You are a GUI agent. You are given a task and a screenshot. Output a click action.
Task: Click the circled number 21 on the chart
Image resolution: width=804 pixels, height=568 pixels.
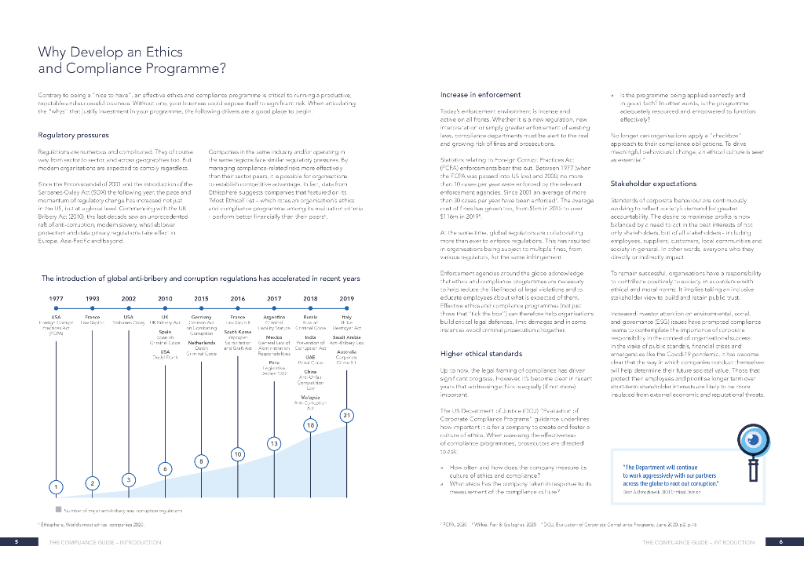pos(346,414)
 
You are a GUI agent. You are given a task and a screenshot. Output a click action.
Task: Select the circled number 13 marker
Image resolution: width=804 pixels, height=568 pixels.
pos(274,444)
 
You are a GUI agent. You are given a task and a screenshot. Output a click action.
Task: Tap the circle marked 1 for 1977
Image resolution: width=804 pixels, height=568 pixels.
pos(56,487)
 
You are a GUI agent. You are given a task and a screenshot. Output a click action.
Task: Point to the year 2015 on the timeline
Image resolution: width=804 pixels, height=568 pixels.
pos(201,299)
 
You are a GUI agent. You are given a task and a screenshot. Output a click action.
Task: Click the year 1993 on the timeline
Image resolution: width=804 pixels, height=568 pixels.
pos(93,299)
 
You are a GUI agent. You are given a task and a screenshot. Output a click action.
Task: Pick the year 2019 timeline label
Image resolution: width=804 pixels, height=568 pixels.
pos(346,299)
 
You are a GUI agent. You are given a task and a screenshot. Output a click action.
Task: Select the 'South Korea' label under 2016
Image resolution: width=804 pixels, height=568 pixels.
pos(237,331)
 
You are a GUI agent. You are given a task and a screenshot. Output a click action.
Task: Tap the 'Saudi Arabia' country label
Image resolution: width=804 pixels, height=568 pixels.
pos(346,337)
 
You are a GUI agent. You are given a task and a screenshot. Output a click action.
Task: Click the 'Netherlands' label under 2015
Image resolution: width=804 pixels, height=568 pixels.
pos(201,343)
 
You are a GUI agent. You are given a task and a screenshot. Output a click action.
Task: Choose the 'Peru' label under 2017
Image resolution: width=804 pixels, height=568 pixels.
pos(274,362)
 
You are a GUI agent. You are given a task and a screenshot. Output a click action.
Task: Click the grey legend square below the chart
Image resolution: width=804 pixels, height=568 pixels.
pos(47,511)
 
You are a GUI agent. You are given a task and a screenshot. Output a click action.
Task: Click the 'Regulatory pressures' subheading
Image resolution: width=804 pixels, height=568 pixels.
pos(73,135)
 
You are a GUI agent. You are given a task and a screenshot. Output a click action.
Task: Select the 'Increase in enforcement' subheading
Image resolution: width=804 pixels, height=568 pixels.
pos(481,94)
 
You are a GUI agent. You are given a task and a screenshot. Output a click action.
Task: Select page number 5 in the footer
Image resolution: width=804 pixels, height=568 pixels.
pos(16,542)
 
